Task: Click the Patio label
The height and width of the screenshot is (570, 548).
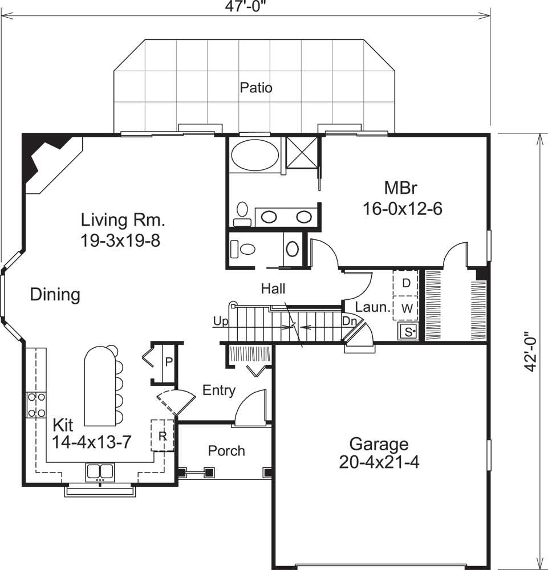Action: pos(256,88)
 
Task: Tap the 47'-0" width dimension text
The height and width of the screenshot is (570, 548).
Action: pos(245,7)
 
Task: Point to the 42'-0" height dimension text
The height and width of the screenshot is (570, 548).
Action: pos(531,352)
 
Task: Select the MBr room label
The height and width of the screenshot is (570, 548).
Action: pos(403,188)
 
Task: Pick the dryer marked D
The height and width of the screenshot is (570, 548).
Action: pos(407,283)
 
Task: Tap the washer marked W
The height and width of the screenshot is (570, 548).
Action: pos(407,308)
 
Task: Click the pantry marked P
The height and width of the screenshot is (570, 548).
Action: pos(169,362)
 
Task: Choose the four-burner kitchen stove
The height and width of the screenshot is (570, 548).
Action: pos(36,405)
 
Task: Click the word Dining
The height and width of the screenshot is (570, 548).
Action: pos(55,295)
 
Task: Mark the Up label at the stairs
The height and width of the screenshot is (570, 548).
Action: pos(220,321)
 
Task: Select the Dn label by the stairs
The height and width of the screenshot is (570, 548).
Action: pos(349,321)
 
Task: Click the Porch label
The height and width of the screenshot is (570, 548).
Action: pos(226,451)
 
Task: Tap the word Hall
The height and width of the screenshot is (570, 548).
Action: pos(273,289)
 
